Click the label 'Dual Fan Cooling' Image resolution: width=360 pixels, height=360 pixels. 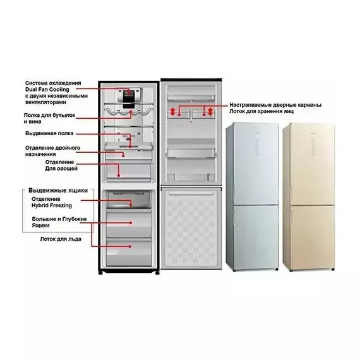click(47, 90)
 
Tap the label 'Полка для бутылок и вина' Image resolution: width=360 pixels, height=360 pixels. click(50, 118)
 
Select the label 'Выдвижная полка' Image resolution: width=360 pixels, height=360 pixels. click(49, 133)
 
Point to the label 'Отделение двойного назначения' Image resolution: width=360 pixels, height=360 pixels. click(53, 151)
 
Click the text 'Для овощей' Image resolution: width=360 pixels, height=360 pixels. click(61, 169)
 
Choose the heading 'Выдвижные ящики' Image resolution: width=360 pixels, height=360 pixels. click(58, 190)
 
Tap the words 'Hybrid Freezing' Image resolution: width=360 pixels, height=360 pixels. click(52, 205)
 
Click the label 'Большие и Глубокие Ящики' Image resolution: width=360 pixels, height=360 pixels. click(59, 222)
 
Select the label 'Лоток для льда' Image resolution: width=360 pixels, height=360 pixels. click(61, 239)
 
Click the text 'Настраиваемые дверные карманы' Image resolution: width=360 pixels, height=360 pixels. click(275, 105)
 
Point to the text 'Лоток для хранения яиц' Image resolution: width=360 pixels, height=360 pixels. click(261, 111)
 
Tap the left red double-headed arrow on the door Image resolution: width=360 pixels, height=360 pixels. click(172, 112)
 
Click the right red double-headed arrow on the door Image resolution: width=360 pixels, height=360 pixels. click(210, 112)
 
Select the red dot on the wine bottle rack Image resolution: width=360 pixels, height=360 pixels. click(131, 112)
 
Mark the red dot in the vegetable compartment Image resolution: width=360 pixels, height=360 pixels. click(119, 176)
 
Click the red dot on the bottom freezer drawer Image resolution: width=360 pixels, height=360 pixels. click(130, 246)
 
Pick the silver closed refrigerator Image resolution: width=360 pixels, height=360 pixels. click(253, 196)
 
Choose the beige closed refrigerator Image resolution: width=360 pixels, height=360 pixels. click(309, 196)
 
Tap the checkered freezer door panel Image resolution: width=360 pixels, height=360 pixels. click(191, 228)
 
